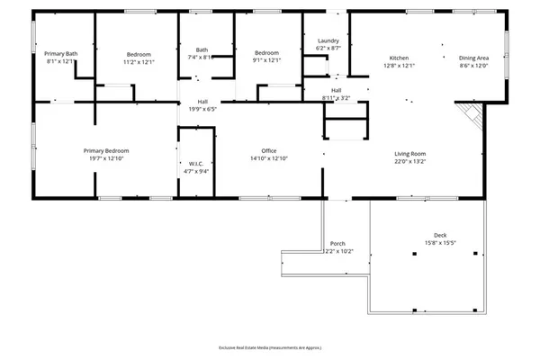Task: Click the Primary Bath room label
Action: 61,54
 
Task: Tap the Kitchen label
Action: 399,58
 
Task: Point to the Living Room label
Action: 409,154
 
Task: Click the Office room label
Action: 268,150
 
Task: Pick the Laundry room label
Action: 328,41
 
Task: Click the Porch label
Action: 337,244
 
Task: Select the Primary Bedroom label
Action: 106,150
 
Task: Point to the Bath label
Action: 202,49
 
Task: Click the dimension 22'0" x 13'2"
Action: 409,162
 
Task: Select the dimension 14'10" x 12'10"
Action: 268,158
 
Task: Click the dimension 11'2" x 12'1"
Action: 139,62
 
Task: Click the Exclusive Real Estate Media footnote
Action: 269,347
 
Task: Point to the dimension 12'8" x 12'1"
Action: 399,66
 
